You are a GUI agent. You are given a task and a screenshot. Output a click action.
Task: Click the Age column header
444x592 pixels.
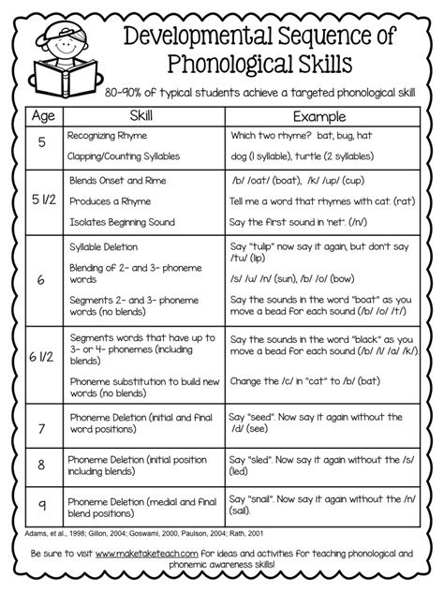click(x=42, y=117)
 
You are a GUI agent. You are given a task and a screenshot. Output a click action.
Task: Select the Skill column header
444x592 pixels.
click(x=139, y=117)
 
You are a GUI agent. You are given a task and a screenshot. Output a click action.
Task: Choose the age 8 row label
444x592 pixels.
click(x=42, y=465)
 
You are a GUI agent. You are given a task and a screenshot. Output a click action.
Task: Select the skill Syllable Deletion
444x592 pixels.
click(x=104, y=245)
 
